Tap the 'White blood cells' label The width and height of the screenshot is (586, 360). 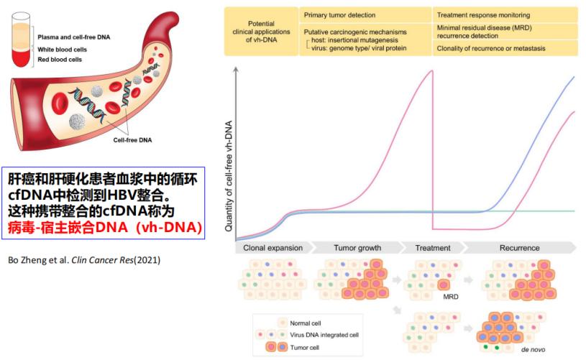coord(61,49)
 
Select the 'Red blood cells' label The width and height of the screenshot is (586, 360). coord(59,60)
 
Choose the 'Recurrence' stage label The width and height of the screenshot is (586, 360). coord(519,248)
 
